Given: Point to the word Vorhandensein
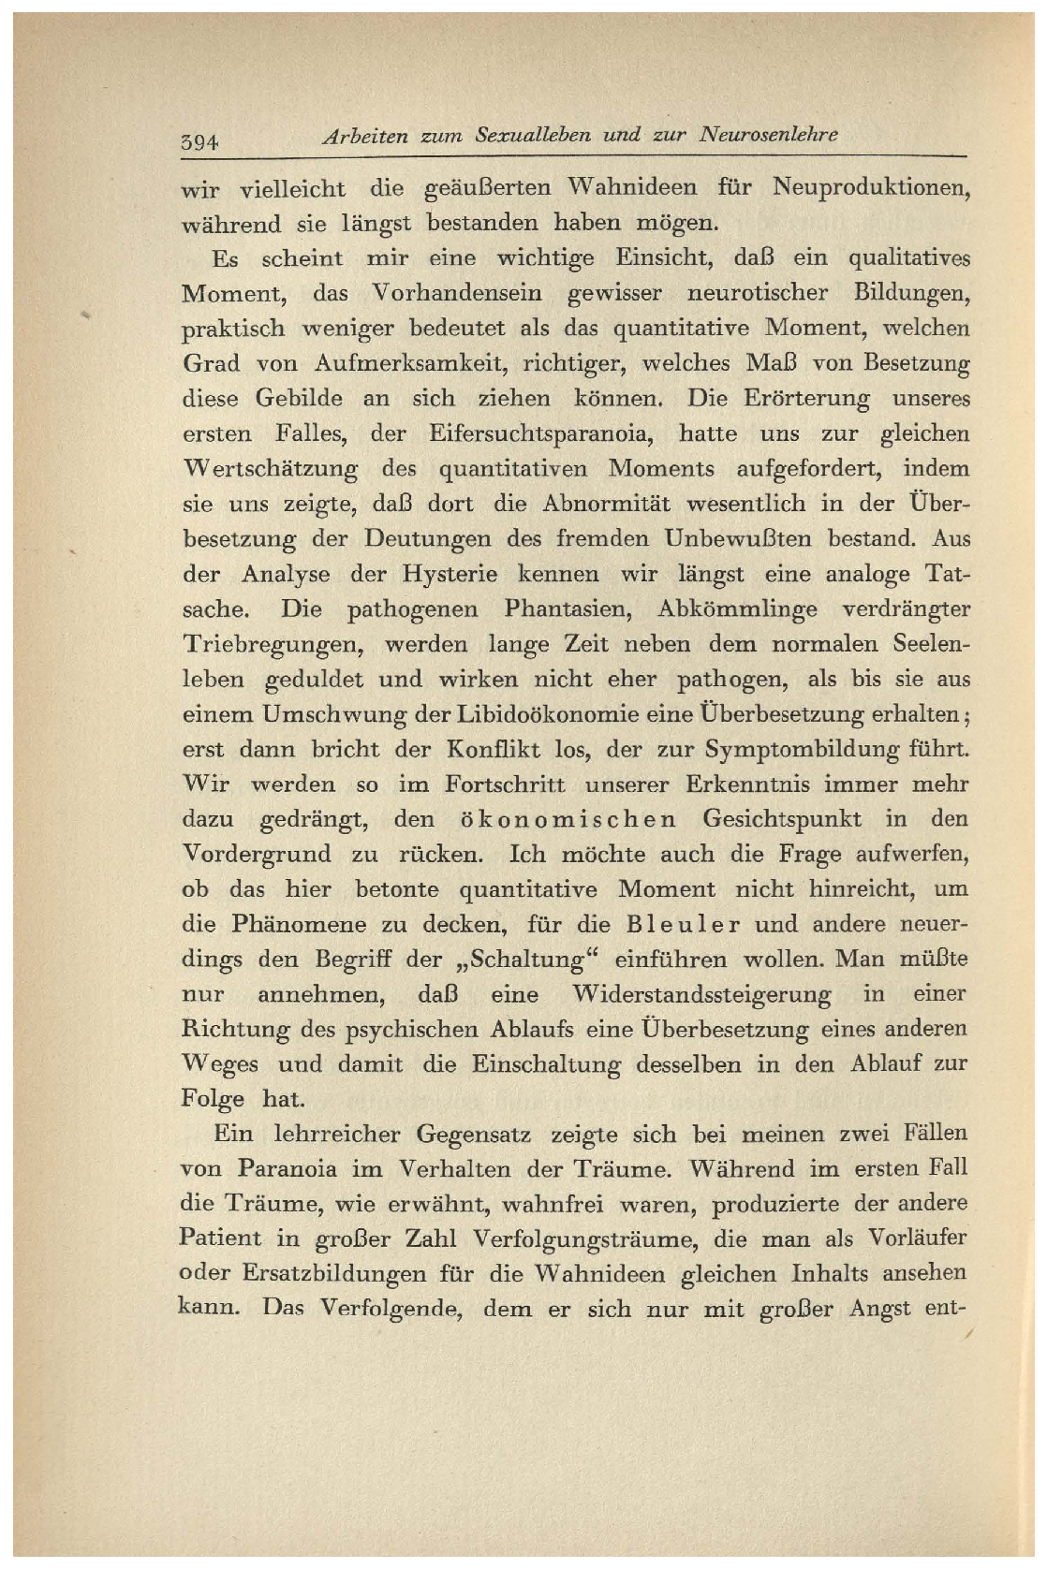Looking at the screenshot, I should (x=457, y=293).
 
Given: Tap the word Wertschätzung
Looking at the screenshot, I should (x=270, y=469).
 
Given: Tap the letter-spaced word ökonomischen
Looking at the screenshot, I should (x=568, y=820).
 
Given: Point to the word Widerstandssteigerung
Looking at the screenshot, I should (x=701, y=994).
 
